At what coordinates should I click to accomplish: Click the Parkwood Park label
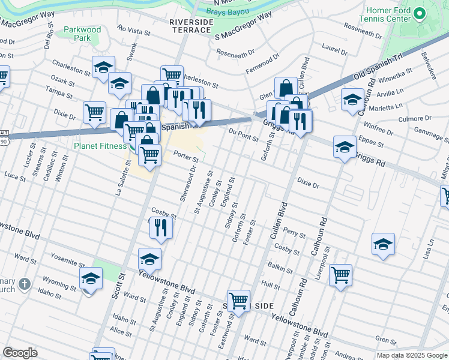(x=82, y=34)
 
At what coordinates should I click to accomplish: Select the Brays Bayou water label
(x=226, y=11)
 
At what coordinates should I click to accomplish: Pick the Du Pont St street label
(x=243, y=134)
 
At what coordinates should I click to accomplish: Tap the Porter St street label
(x=185, y=156)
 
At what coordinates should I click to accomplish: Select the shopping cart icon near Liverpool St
(x=340, y=275)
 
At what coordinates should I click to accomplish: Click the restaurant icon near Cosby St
(x=161, y=227)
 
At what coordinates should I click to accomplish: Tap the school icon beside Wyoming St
(x=91, y=279)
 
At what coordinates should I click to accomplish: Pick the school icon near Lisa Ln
(x=383, y=244)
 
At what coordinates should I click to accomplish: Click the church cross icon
(x=24, y=283)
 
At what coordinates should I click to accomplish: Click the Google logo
(x=20, y=353)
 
